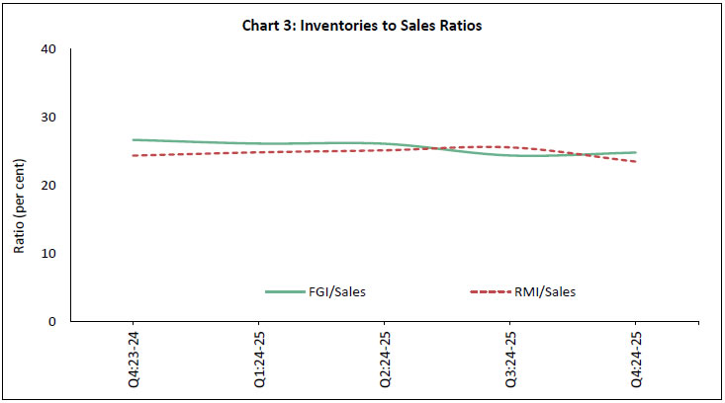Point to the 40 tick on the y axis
pos(48,49)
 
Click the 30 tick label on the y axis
pos(48,118)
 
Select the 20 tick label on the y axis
pos(48,186)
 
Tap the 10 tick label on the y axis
pos(48,254)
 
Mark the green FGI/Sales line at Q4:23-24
pos(134,140)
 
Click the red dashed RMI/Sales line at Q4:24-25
pos(634,161)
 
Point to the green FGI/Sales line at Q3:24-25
pos(509,155)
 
